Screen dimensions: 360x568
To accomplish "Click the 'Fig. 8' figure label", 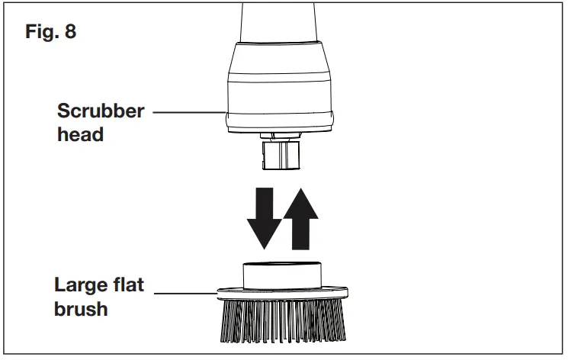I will tap(50, 33).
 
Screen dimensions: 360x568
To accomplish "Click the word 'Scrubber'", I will tap(101, 111).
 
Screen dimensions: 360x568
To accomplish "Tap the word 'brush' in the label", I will tap(81, 312).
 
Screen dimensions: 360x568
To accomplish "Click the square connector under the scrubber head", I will tap(282, 157).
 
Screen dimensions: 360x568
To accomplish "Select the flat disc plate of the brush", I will tap(282, 294).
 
